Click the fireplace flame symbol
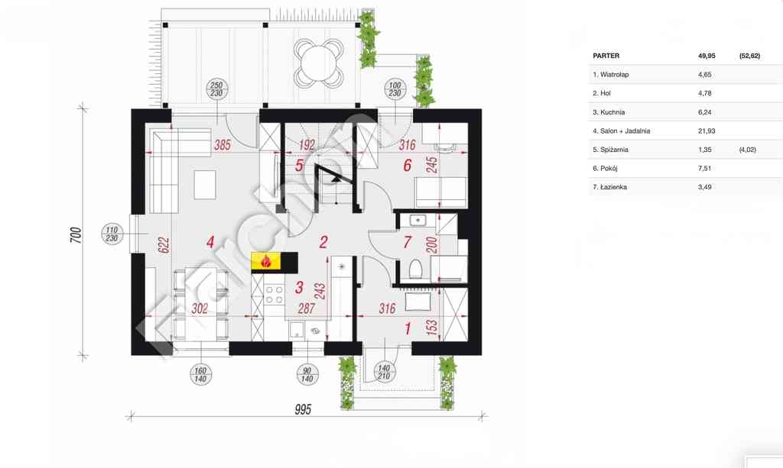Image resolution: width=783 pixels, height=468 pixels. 265,260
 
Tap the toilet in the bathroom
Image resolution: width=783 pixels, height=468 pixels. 415,270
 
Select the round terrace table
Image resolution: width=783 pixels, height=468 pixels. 318,63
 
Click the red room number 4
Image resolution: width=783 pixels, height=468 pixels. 210,242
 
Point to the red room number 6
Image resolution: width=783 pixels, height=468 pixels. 407,166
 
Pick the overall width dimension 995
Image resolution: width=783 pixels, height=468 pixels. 303,410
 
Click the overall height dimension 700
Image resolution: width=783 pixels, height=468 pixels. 76,234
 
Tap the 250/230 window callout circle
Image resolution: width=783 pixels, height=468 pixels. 216,89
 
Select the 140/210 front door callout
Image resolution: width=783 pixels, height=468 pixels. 384,373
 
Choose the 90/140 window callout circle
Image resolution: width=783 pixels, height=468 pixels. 307,375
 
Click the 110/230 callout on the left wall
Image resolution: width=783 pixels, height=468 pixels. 112,234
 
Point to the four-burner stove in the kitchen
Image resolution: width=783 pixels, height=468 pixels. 275,294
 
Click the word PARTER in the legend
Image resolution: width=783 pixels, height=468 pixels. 606,56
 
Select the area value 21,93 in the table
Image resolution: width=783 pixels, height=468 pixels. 707,131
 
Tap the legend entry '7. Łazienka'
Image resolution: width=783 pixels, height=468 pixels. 609,187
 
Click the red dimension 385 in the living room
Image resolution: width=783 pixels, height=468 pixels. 223,145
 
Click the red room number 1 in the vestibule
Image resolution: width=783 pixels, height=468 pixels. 408,329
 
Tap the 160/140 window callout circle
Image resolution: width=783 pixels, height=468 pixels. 200,375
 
